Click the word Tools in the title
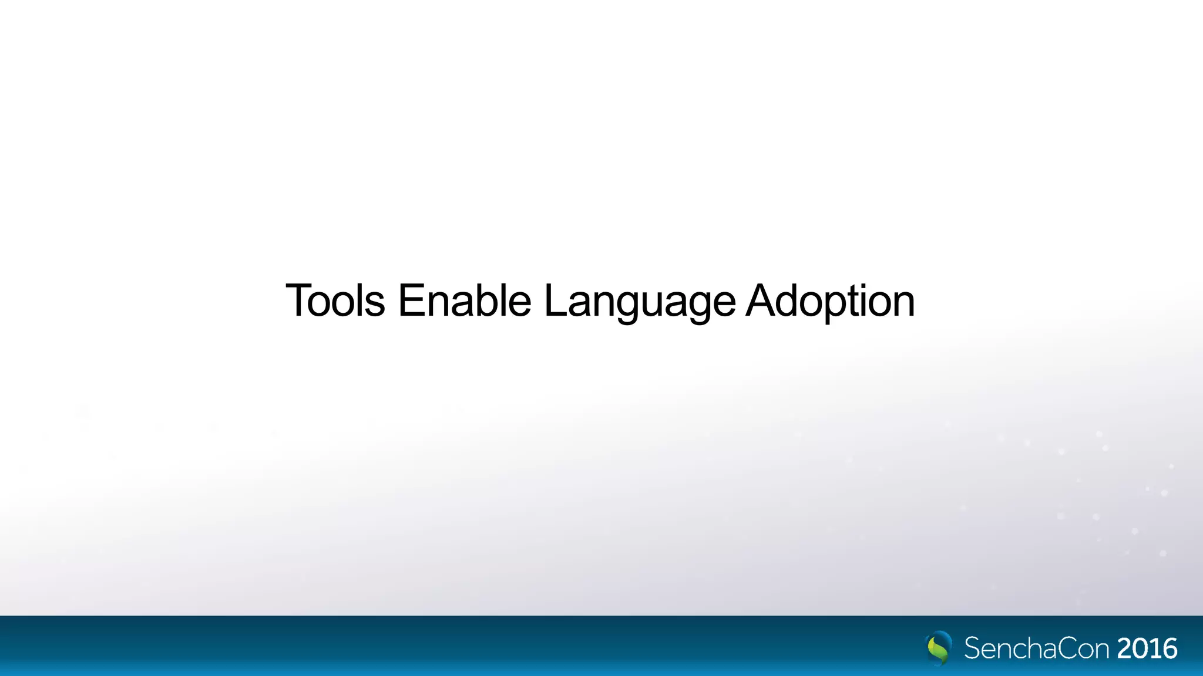pyautogui.click(x=335, y=300)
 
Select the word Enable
pyautogui.click(x=464, y=300)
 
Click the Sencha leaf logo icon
pyautogui.click(x=939, y=648)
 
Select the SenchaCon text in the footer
pyautogui.click(x=1037, y=649)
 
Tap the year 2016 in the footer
pyautogui.click(x=1147, y=649)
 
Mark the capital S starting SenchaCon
pyautogui.click(x=972, y=649)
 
